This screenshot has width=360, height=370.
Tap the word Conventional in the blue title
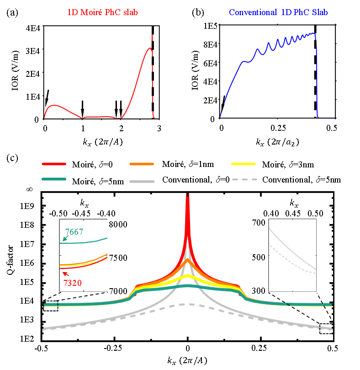click(251, 12)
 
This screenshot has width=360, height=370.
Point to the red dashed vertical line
click(152, 78)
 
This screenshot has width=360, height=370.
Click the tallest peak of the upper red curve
click(149, 48)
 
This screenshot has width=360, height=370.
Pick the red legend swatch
click(53, 164)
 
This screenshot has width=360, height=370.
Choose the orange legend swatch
click(142, 164)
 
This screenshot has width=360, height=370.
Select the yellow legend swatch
click(243, 164)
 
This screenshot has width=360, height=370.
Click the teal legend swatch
click(53, 179)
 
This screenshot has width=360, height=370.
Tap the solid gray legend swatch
click(142, 182)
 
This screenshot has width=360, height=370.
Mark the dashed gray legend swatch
click(244, 179)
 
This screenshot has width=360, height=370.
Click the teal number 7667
click(74, 232)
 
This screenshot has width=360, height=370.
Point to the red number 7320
click(72, 283)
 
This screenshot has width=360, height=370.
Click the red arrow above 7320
click(65, 274)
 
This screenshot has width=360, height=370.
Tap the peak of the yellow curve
click(187, 276)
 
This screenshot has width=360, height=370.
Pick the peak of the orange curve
click(187, 261)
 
